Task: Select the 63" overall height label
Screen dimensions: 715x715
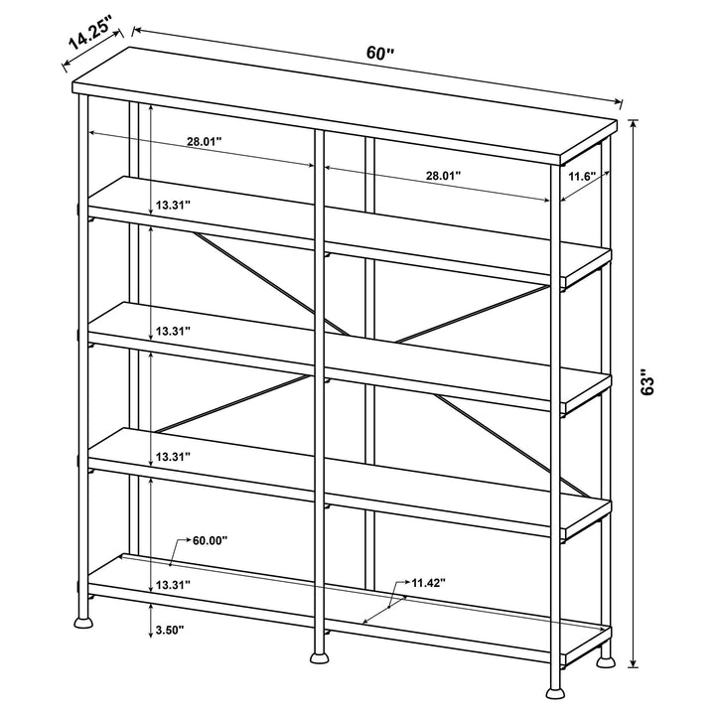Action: tap(647, 383)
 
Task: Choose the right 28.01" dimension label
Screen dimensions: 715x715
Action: tap(443, 176)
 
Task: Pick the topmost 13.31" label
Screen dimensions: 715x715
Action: tap(172, 205)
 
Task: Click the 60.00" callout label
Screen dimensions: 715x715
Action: tap(210, 541)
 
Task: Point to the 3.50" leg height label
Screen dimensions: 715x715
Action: tap(172, 629)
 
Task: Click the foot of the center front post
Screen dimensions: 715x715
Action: tap(319, 656)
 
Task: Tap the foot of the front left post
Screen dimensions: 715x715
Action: tap(82, 626)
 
